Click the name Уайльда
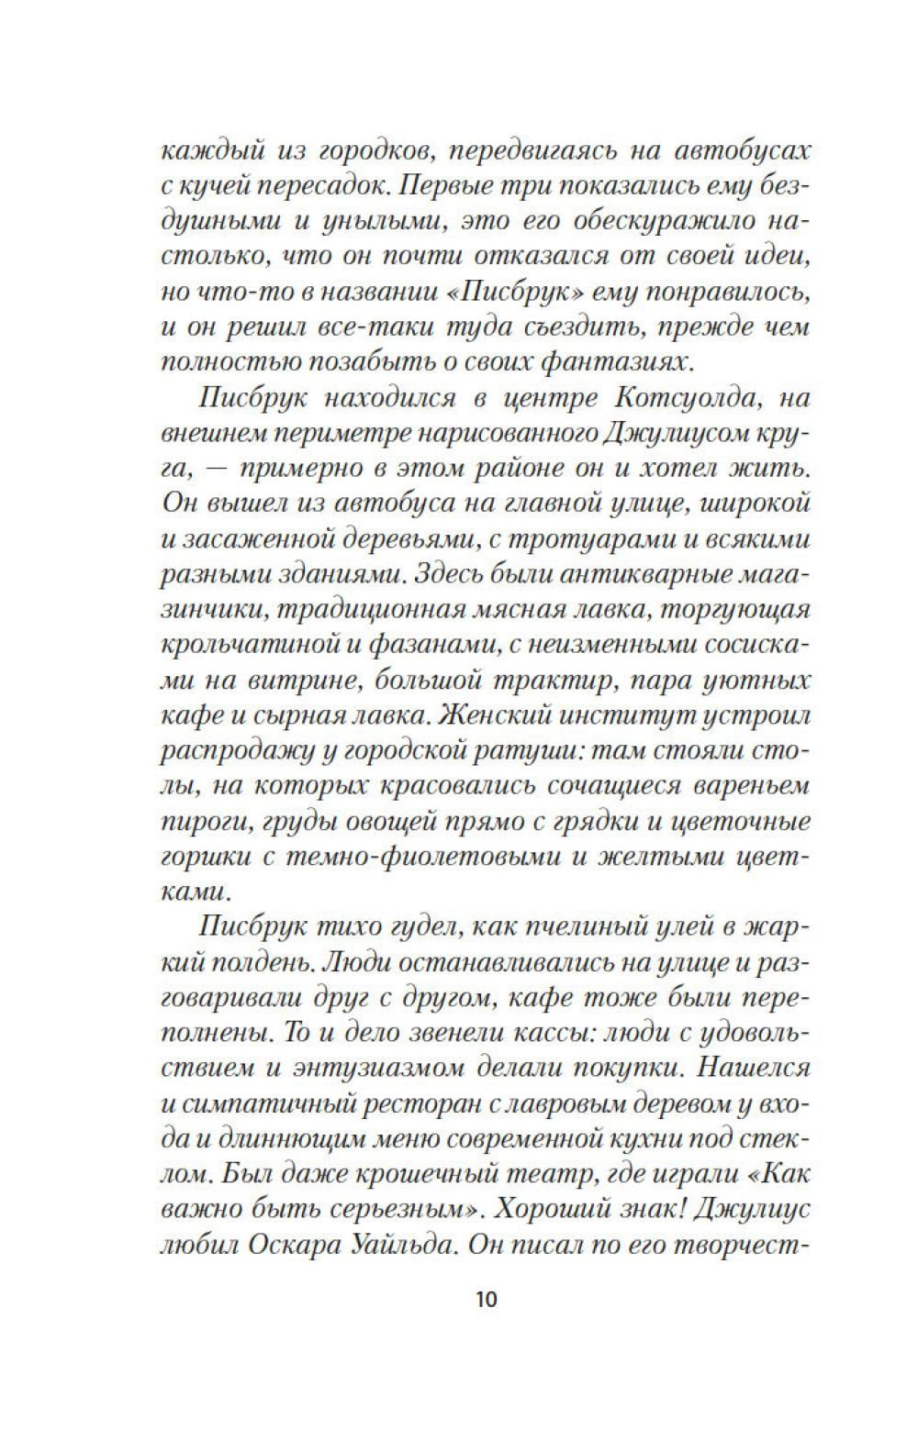408,1244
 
